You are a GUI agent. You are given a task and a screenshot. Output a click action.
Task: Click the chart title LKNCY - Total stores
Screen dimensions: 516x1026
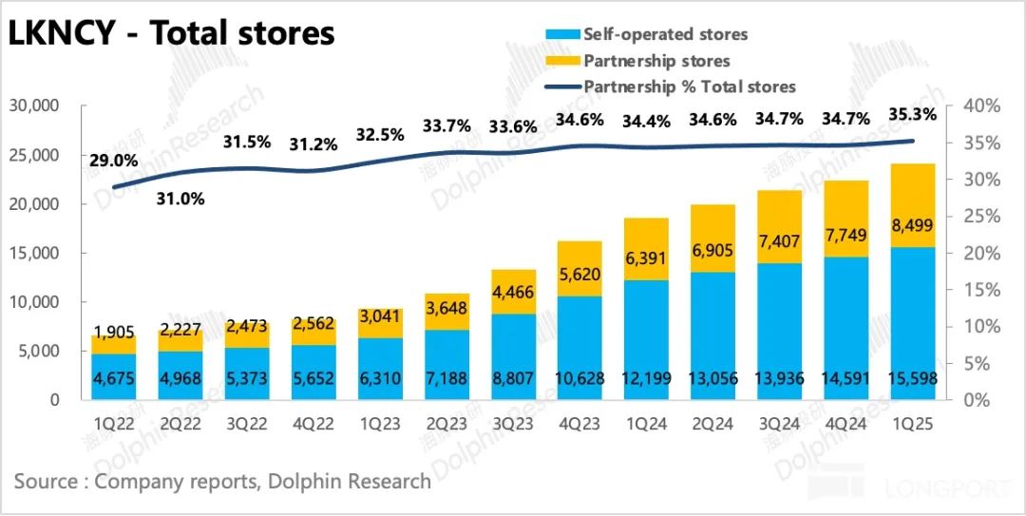171,34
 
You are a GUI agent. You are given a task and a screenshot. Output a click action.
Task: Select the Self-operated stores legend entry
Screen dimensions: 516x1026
665,34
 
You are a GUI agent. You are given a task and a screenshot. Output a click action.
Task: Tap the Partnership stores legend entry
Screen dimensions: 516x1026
656,61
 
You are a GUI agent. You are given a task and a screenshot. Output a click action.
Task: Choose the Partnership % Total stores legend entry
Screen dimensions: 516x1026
689,86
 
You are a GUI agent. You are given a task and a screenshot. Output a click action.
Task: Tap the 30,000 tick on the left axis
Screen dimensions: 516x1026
34,105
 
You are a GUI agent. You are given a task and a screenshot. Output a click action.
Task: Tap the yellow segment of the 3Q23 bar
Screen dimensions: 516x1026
514,292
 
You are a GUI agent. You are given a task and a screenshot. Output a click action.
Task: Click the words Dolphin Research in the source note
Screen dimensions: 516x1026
350,481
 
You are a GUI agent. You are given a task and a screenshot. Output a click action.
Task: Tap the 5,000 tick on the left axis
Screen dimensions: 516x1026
39,351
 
